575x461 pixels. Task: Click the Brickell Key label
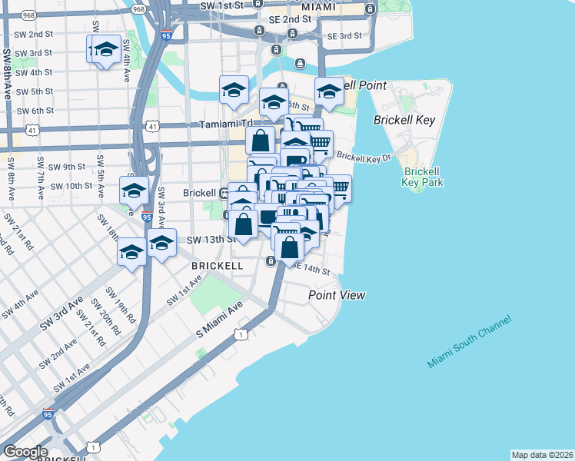(x=404, y=120)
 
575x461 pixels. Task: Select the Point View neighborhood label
(x=337, y=295)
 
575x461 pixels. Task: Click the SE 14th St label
(x=312, y=270)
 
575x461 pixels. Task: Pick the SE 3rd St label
(x=344, y=36)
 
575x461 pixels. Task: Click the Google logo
(x=25, y=452)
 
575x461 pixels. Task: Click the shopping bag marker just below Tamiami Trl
(x=261, y=140)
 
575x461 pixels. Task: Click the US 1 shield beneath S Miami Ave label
(x=241, y=334)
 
